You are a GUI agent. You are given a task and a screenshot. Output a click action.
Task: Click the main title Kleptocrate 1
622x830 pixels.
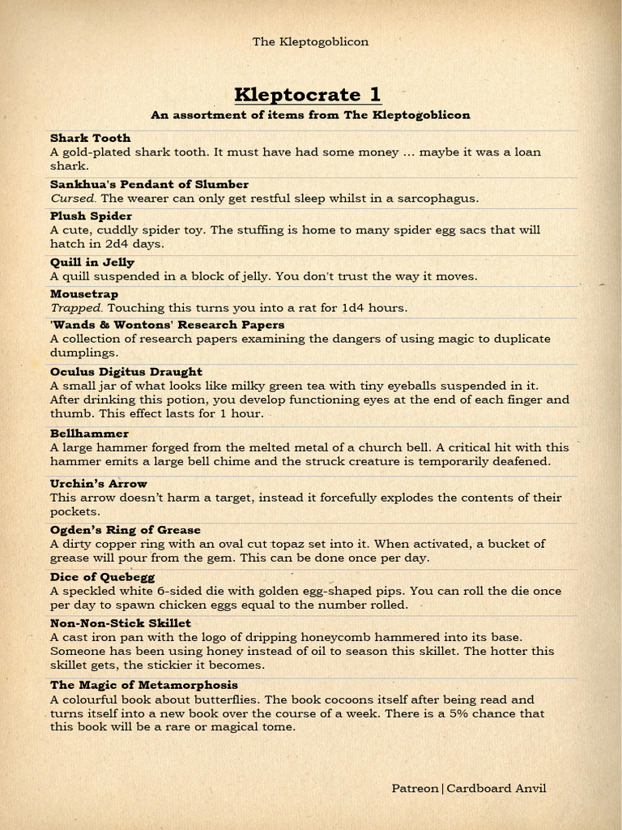(308, 95)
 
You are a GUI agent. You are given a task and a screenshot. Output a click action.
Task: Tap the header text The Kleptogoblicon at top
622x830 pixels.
(310, 41)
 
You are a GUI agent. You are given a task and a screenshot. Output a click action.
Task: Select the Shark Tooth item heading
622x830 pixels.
(90, 138)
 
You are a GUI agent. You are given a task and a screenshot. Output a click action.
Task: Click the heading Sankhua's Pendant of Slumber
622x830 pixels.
(149, 184)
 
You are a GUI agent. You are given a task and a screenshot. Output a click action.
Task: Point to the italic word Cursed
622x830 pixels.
(73, 198)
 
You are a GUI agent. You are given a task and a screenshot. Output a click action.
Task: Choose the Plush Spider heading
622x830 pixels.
(91, 216)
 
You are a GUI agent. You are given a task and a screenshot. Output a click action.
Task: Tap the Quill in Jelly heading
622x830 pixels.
(92, 262)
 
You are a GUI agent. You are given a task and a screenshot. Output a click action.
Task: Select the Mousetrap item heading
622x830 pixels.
(84, 293)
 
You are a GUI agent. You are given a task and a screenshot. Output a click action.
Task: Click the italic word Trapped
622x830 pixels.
(77, 308)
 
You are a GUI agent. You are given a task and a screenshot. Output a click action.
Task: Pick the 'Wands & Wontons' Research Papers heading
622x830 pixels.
(167, 324)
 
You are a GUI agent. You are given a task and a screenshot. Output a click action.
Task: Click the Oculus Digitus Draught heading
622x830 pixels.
(126, 371)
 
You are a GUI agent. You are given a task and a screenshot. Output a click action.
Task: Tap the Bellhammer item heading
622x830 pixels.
(89, 434)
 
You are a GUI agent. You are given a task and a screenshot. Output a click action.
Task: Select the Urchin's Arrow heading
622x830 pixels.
(99, 483)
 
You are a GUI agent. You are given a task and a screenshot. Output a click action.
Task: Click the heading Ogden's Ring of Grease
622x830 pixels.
(126, 529)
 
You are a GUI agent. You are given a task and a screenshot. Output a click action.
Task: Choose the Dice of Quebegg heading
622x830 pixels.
(102, 576)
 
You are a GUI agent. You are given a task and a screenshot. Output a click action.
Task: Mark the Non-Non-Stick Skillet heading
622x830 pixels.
(121, 622)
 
